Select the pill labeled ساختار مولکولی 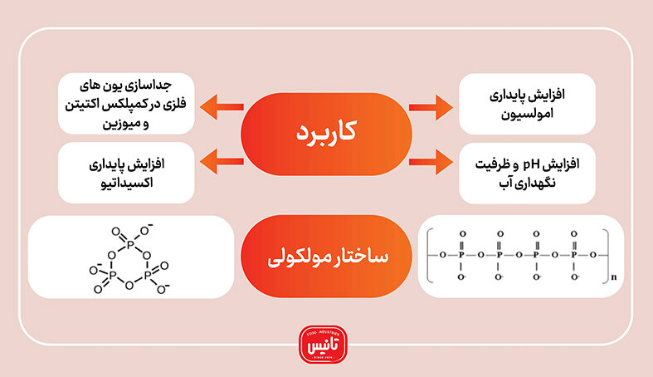click(x=326, y=257)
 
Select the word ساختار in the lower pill click(x=363, y=257)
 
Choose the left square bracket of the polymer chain click(x=428, y=254)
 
